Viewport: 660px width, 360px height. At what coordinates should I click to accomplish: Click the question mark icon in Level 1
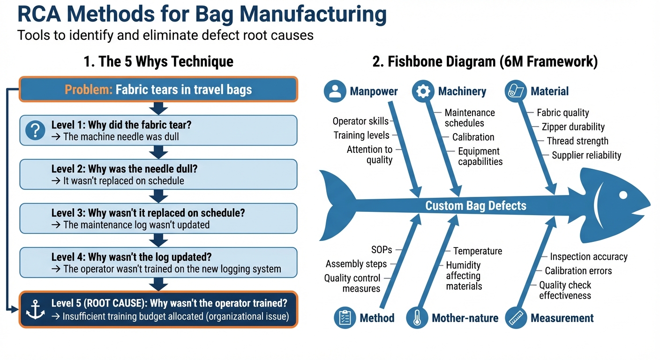pos(35,130)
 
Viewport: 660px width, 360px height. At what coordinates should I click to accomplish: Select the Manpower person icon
pos(335,91)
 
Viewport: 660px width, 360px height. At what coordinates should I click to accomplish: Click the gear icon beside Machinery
pos(423,91)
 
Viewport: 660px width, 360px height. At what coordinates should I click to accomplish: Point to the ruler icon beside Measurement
pos(516,318)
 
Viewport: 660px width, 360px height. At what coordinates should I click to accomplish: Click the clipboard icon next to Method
pos(345,318)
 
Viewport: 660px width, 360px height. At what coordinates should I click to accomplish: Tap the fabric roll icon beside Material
pos(516,91)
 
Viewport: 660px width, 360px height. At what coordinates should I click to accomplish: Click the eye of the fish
pos(622,194)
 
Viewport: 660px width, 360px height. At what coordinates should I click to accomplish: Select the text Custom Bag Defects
pos(475,206)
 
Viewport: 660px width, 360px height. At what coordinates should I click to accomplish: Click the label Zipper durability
pos(573,127)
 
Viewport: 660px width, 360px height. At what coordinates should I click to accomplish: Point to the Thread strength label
pos(577,141)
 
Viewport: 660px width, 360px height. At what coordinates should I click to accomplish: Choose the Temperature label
pos(477,251)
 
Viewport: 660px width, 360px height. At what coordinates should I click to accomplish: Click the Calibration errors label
pos(578,271)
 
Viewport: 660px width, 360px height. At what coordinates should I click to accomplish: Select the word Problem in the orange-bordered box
pos(88,90)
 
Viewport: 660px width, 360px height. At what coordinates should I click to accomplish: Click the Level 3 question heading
pos(148,213)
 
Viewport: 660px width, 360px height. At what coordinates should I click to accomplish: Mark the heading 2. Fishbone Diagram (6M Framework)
pos(485,62)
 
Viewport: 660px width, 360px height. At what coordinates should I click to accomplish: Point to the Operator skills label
pos(360,121)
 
